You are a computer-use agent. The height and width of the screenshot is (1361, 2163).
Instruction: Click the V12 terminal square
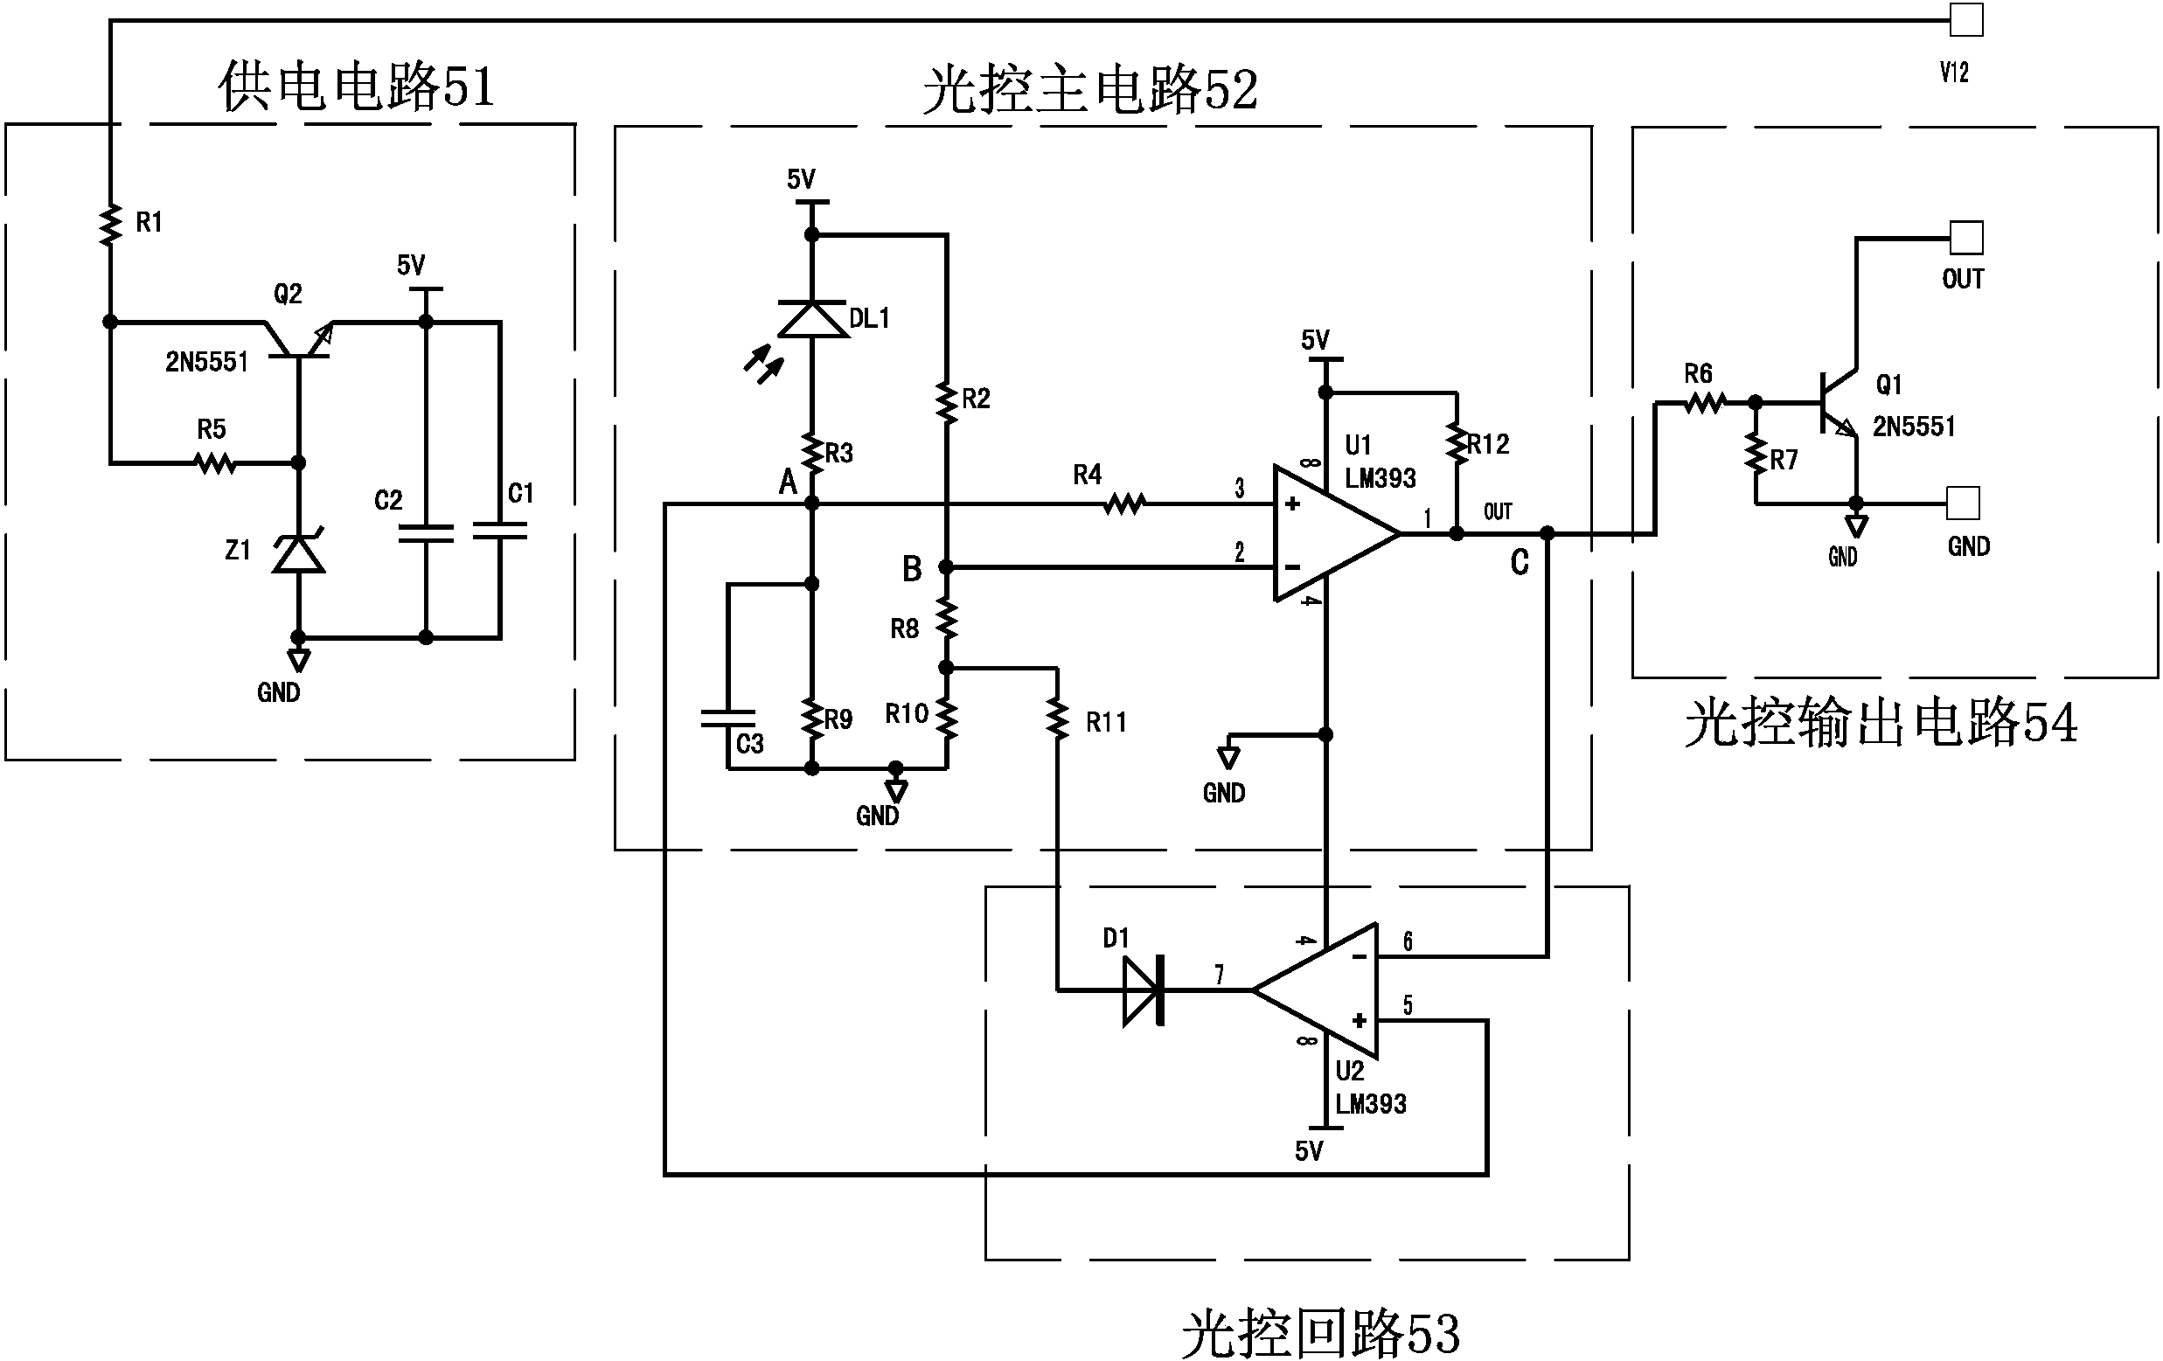1965,20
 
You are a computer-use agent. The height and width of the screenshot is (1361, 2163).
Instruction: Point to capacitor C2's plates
427,532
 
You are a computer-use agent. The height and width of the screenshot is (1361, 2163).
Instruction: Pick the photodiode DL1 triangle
811,319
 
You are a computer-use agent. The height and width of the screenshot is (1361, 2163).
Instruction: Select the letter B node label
912,569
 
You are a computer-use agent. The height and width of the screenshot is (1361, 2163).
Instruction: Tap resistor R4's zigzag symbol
1123,504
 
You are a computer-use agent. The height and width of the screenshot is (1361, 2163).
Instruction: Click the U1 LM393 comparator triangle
1330,533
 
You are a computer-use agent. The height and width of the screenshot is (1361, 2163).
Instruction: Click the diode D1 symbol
1144,990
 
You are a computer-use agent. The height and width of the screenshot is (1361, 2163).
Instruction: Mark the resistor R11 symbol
1058,720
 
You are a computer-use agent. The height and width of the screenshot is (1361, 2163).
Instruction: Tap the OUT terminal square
1965,238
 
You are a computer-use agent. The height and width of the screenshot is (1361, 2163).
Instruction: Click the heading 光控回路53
1319,1333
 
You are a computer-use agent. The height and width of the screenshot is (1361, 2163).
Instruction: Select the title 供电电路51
357,87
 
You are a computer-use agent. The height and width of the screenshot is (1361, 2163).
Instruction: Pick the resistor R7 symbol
1756,455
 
